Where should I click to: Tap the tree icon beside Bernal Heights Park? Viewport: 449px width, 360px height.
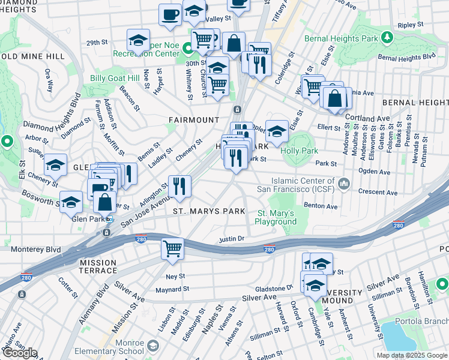388,38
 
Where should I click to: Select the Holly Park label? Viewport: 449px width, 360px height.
302,151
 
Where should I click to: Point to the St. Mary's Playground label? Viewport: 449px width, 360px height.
277,217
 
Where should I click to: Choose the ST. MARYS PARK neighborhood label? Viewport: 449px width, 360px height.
209,211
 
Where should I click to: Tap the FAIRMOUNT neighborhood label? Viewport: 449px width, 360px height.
193,120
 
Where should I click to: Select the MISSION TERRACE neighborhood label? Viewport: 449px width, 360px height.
97,266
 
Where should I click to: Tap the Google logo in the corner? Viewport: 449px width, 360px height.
20,353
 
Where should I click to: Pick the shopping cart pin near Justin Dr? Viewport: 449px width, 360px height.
173,248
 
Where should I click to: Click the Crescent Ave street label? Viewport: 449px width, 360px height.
378,193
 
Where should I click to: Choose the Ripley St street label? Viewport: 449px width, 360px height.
411,26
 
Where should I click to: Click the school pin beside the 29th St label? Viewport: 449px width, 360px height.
138,41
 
